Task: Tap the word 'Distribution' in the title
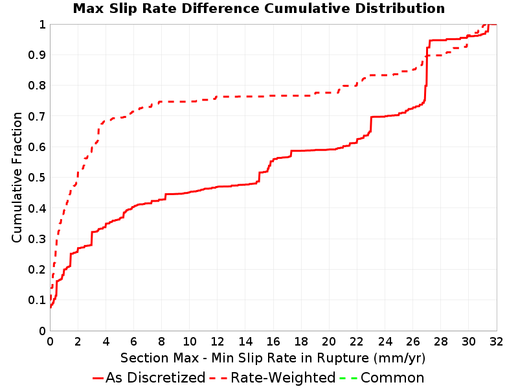pyautogui.click(x=400, y=8)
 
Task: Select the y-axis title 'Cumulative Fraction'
pyautogui.click(x=17, y=177)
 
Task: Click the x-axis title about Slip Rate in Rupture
pyautogui.click(x=273, y=358)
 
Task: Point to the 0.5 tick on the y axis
pyautogui.click(x=37, y=178)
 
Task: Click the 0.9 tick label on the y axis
pyautogui.click(x=37, y=55)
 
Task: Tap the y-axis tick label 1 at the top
pyautogui.click(x=42, y=25)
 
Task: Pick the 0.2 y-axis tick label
pyautogui.click(x=37, y=270)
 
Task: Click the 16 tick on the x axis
pyautogui.click(x=273, y=341)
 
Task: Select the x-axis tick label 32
pyautogui.click(x=496, y=341)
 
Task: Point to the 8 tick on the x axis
pyautogui.click(x=161, y=341)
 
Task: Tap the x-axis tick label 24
pyautogui.click(x=385, y=341)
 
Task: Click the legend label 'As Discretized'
pyautogui.click(x=155, y=378)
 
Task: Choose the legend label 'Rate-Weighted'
pyautogui.click(x=283, y=378)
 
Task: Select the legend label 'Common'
pyautogui.click(x=392, y=378)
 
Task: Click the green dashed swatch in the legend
pyautogui.click(x=348, y=378)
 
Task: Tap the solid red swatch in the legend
pyautogui.click(x=98, y=378)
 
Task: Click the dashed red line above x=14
pyautogui.click(x=245, y=96)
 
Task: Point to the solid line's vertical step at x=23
pyautogui.click(x=371, y=124)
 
